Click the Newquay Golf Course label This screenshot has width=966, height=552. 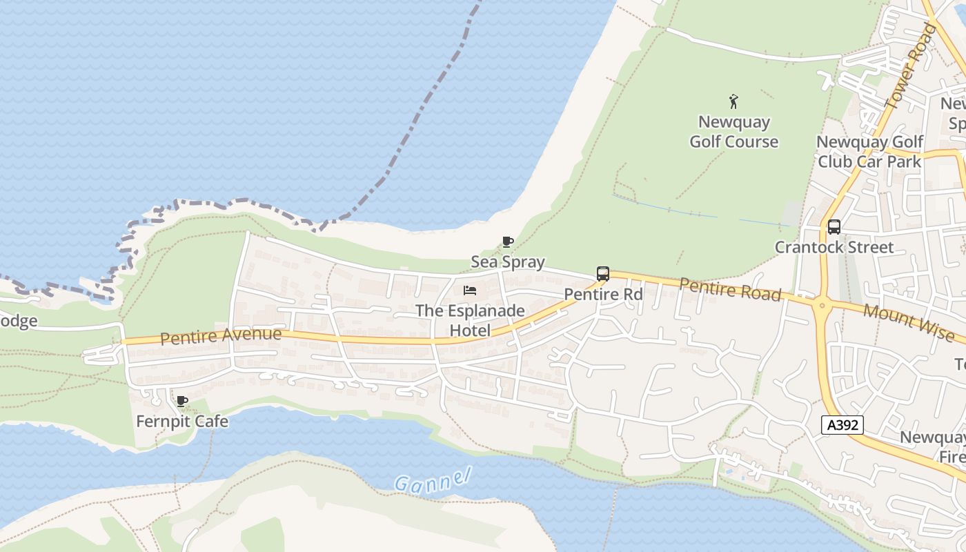[733, 132]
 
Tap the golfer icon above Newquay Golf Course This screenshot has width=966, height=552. [733, 102]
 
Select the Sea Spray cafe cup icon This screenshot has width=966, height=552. [508, 241]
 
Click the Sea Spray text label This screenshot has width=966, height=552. [508, 262]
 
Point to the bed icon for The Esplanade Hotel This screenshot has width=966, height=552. [470, 290]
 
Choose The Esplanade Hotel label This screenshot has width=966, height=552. [470, 321]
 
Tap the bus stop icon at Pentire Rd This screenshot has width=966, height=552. [603, 274]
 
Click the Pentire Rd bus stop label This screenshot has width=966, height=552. [603, 295]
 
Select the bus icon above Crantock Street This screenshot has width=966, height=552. [834, 226]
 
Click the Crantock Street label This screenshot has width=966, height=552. [834, 247]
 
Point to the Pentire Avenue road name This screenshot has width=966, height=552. [221, 336]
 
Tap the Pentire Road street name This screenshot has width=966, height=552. [730, 289]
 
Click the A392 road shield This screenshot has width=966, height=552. [843, 425]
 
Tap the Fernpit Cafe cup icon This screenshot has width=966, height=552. [182, 401]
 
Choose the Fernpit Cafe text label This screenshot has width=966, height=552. [182, 421]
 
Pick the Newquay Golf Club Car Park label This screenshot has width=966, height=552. [869, 152]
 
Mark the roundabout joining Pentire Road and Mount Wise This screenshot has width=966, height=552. [821, 304]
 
